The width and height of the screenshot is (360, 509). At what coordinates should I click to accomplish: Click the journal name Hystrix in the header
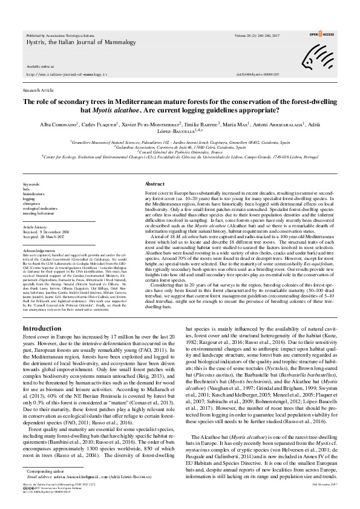pos(36,43)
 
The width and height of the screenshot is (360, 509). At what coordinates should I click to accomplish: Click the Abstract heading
pos(155,184)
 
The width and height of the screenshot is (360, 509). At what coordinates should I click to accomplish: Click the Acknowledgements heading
pos(39,248)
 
